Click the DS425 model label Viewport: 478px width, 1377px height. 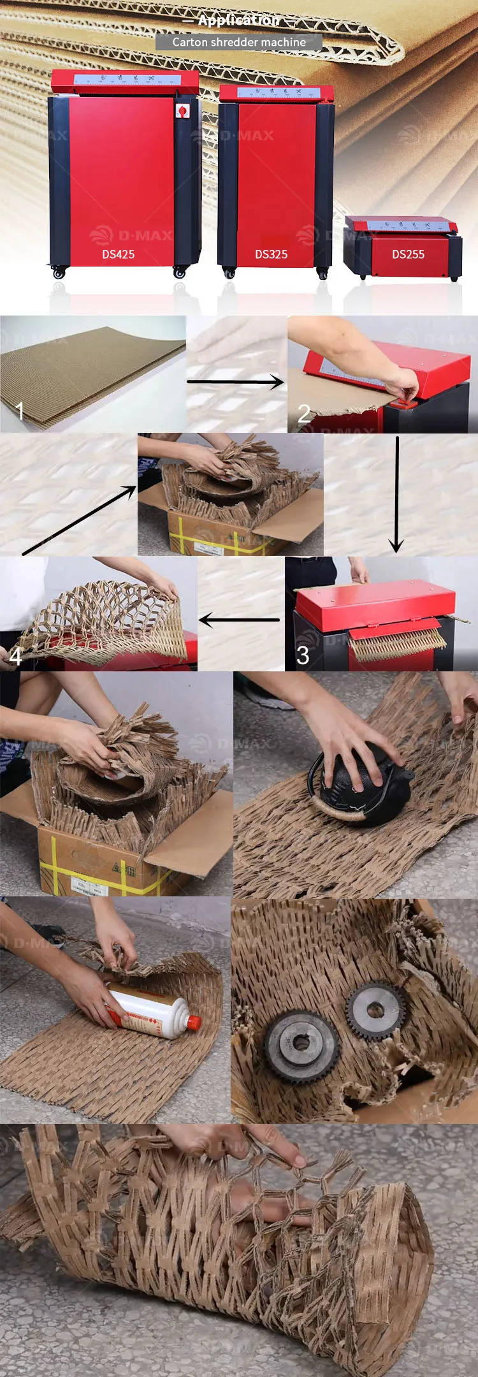(x=119, y=254)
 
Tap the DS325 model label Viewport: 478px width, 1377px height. (x=271, y=254)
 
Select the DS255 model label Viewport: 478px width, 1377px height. (x=408, y=254)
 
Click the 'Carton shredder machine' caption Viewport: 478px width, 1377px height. (x=239, y=42)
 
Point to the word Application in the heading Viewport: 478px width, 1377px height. (x=238, y=20)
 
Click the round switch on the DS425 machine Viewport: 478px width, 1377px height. (x=182, y=111)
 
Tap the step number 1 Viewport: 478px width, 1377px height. (x=19, y=411)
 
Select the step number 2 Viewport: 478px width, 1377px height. (x=304, y=414)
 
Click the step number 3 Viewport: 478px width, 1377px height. (x=303, y=655)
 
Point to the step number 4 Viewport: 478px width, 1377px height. (x=15, y=656)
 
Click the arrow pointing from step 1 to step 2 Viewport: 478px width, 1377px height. (x=235, y=382)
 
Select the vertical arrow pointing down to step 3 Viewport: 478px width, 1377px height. (x=396, y=494)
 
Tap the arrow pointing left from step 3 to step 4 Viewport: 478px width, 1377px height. (x=239, y=619)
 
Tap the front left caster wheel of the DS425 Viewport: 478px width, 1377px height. (x=59, y=273)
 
